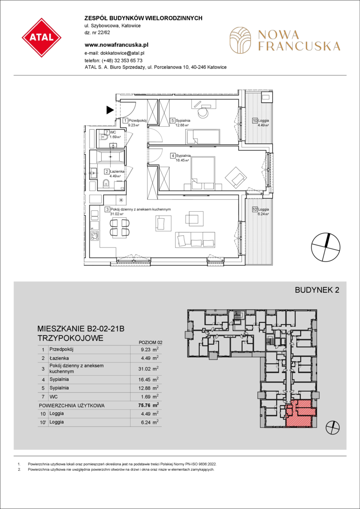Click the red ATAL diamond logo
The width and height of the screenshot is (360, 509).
coord(41,38)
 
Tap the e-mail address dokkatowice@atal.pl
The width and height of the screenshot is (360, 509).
coord(126,52)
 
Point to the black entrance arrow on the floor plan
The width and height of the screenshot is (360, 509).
coord(110,111)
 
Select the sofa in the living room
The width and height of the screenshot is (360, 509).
coord(195,240)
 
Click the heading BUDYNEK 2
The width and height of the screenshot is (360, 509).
coord(317,290)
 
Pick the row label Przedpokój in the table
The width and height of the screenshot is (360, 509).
coord(61,350)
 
